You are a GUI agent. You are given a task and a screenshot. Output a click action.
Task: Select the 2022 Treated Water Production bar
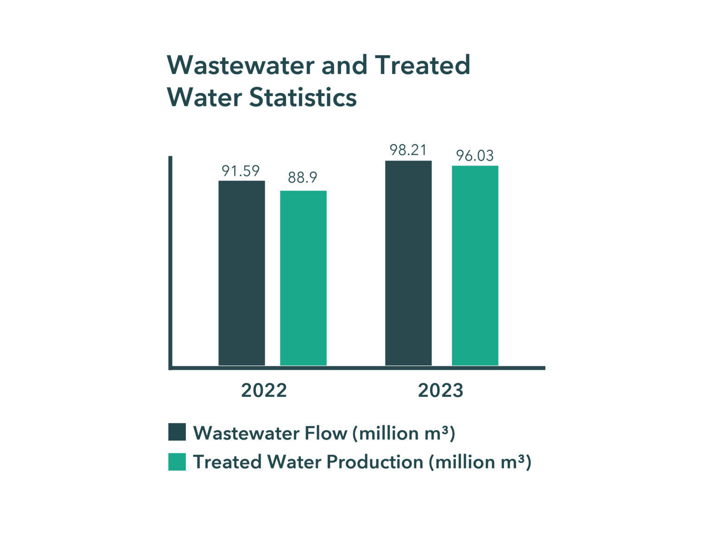pyautogui.click(x=303, y=278)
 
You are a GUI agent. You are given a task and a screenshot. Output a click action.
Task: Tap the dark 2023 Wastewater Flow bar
pyautogui.click(x=408, y=263)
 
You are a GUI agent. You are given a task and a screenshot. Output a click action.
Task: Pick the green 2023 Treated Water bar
pyautogui.click(x=475, y=265)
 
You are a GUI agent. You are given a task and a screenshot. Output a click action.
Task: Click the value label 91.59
pyautogui.click(x=241, y=171)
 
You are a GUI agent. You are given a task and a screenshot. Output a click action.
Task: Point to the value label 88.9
pyautogui.click(x=302, y=178)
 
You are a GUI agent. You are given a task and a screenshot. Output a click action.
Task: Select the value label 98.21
pyautogui.click(x=408, y=150)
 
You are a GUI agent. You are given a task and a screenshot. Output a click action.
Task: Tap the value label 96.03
pyautogui.click(x=475, y=156)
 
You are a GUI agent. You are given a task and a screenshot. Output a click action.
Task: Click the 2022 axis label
pyautogui.click(x=264, y=391)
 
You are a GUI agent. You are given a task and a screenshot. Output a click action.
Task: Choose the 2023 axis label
pyautogui.click(x=440, y=391)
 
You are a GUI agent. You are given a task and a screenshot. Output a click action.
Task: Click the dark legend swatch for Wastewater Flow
pyautogui.click(x=177, y=432)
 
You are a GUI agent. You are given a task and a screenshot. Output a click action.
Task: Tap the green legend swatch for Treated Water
pyautogui.click(x=177, y=461)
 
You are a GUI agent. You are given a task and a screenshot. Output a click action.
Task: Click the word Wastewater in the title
pyautogui.click(x=241, y=65)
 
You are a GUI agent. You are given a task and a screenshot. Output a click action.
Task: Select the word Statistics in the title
pyautogui.click(x=303, y=97)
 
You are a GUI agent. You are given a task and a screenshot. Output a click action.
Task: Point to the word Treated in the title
pyautogui.click(x=423, y=65)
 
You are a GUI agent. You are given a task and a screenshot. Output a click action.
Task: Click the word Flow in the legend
pyautogui.click(x=325, y=433)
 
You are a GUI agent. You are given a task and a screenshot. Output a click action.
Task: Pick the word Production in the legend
pyautogui.click(x=375, y=462)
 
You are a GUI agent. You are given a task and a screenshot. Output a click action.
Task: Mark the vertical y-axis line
pyautogui.click(x=170, y=262)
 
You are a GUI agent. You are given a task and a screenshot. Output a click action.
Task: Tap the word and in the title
pyautogui.click(x=343, y=65)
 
